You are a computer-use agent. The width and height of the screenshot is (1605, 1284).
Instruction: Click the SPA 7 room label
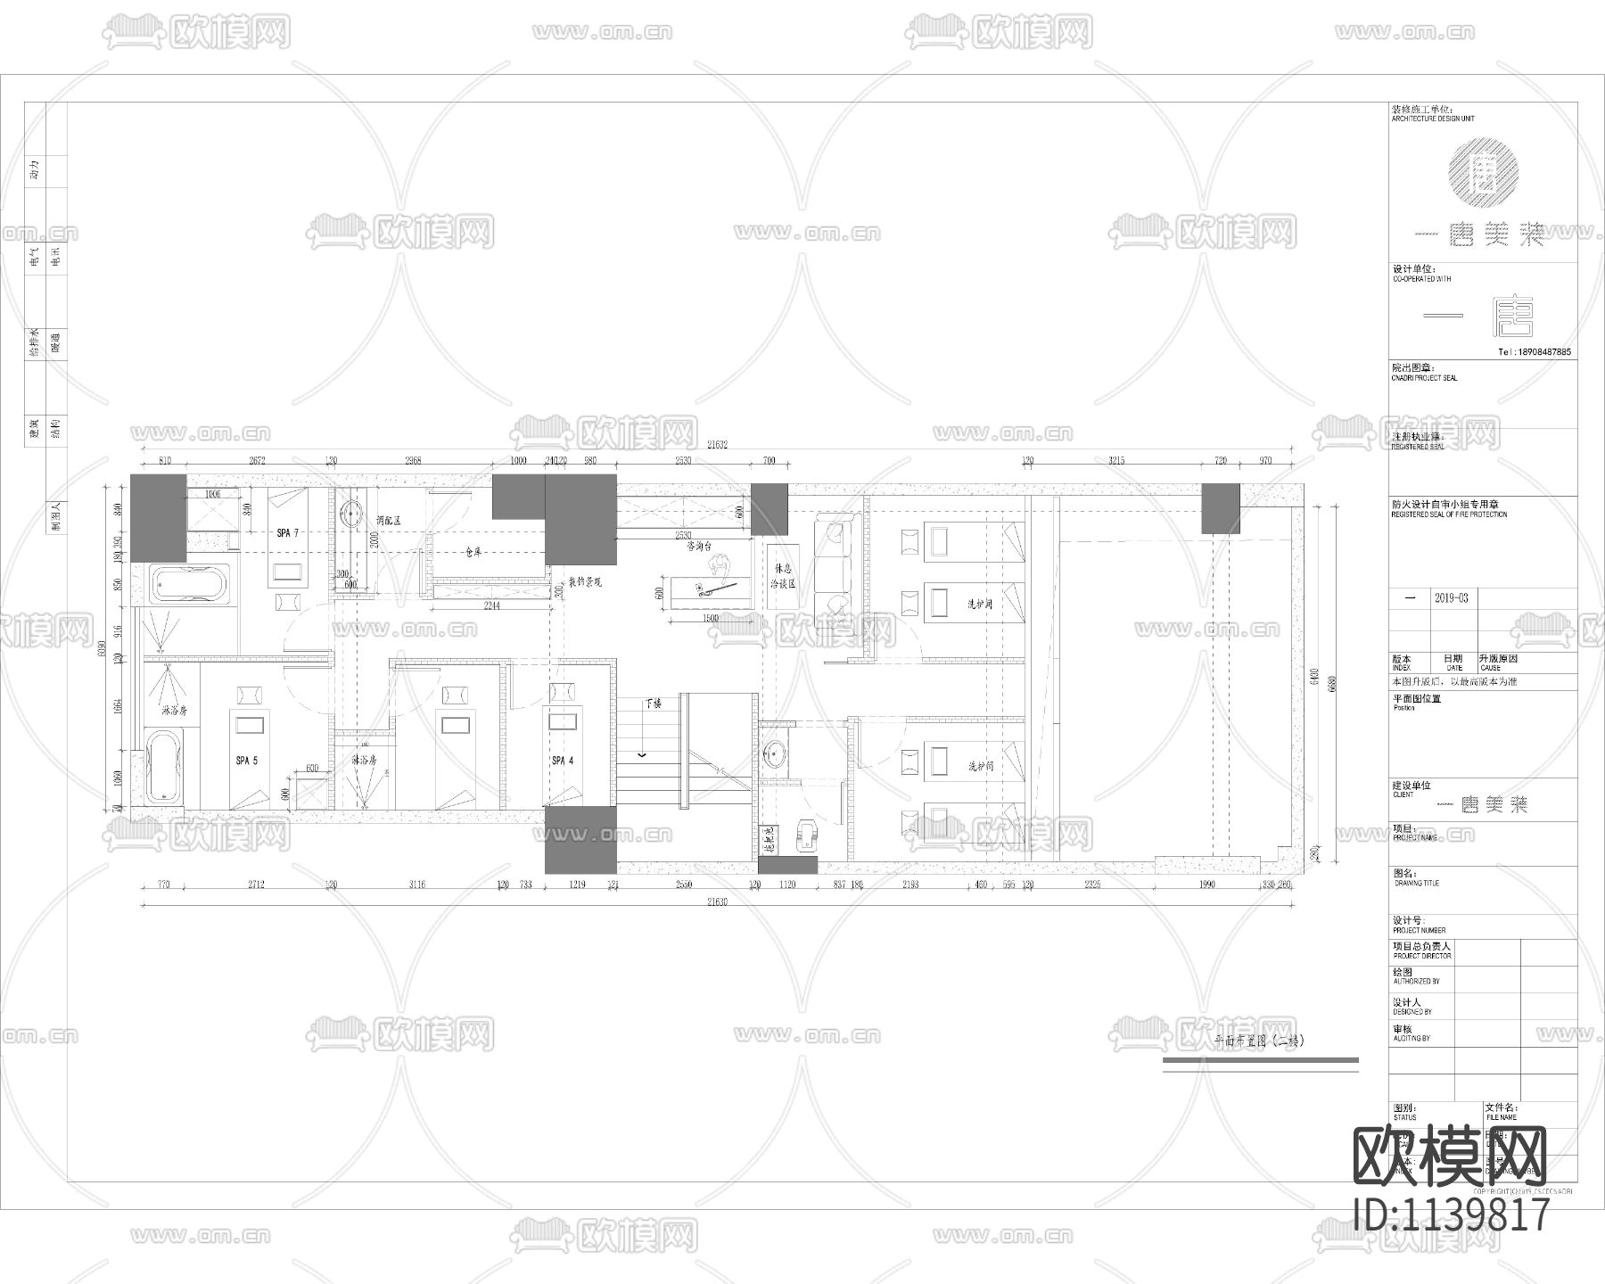coord(288,533)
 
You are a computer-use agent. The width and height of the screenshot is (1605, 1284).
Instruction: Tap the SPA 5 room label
coord(247,761)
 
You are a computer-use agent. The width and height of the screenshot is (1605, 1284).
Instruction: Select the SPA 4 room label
coord(563,761)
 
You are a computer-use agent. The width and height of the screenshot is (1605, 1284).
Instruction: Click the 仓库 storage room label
coord(473,553)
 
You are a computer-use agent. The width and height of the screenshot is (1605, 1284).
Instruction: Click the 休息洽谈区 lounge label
coord(782,576)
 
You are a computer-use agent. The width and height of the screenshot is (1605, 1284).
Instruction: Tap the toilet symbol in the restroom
coord(806,835)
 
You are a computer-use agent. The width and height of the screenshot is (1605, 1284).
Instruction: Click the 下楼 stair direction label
coord(653,704)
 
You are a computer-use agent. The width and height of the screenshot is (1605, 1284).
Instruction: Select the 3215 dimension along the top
coord(1115,461)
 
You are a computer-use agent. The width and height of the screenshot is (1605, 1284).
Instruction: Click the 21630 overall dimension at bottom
coord(717,901)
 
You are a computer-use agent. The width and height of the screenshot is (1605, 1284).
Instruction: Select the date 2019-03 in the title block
coord(1451,598)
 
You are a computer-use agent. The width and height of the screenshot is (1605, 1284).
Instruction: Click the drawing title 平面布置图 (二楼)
coord(1259,1041)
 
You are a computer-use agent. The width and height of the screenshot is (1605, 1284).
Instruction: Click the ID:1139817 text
coord(1451,1214)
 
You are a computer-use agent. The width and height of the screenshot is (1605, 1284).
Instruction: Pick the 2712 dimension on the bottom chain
coord(257,885)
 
